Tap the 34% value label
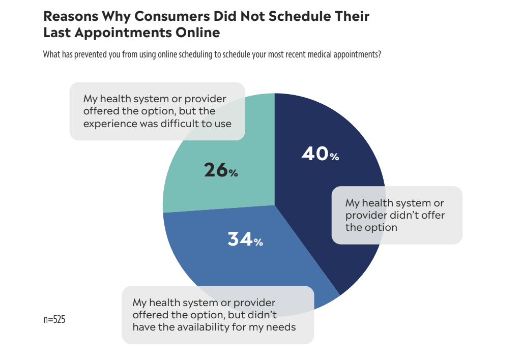point(245,239)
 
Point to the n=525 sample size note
point(54,320)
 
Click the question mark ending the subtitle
point(380,54)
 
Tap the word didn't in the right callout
point(397,215)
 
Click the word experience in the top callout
point(108,123)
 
